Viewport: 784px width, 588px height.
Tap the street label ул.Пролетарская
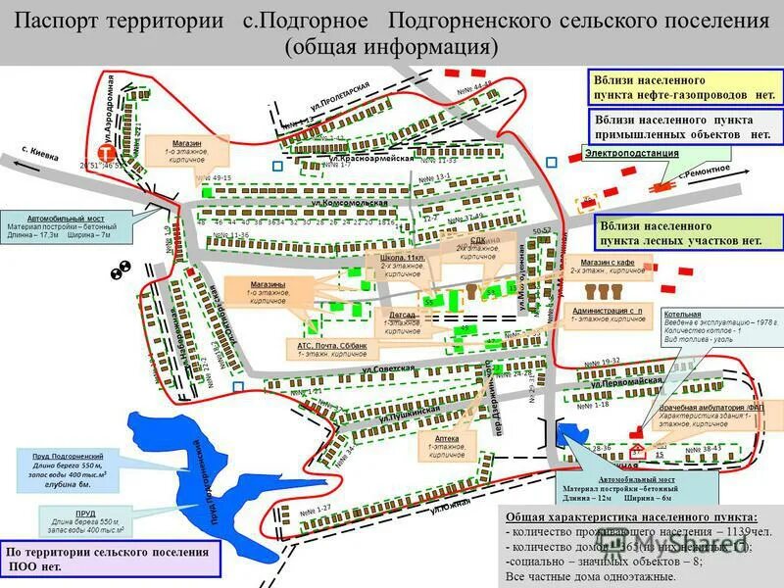click(339, 99)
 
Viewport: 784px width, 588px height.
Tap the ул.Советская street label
click(387, 368)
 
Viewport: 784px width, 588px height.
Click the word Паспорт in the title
click(58, 22)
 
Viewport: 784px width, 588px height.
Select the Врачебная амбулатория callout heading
click(697, 407)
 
